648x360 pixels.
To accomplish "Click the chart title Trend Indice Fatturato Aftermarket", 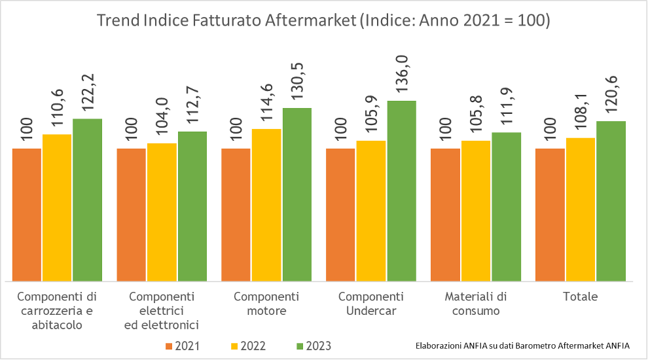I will point(323,20).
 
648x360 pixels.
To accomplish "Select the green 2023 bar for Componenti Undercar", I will point(401,190).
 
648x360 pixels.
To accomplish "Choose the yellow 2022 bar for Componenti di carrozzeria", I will point(57,207).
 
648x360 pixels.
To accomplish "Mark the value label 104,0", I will point(162,120).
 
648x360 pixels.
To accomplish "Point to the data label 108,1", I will point(581,114).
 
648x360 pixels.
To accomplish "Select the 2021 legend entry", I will point(183,346).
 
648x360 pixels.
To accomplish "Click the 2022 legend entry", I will point(249,346).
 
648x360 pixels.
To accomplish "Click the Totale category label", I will point(580,297).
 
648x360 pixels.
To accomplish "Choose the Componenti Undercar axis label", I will point(371,303).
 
